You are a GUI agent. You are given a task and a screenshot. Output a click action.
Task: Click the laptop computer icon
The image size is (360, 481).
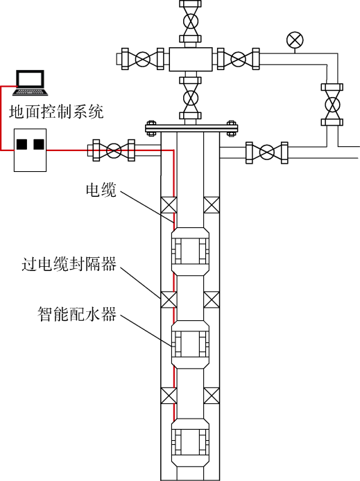[30, 82]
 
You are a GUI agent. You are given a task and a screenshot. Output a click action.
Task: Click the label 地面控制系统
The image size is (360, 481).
[56, 112]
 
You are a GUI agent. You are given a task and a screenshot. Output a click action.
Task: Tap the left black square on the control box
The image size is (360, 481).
[22, 144]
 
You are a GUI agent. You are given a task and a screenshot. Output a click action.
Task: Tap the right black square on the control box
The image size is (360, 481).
[39, 144]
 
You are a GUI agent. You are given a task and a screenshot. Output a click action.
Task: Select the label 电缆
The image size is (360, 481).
[101, 190]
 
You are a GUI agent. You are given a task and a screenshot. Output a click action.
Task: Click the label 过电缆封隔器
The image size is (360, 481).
[69, 264]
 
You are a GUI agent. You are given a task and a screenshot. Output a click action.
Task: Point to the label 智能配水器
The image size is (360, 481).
[77, 314]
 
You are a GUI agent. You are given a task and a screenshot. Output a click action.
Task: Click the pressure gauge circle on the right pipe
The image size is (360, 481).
[295, 40]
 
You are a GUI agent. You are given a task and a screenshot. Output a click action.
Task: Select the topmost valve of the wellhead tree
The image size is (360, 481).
[190, 21]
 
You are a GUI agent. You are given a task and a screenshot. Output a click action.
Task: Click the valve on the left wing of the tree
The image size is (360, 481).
[143, 59]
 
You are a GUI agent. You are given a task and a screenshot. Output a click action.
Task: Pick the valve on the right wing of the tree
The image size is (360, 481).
[239, 59]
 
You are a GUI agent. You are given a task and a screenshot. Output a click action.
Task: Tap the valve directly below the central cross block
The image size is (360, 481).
[190, 98]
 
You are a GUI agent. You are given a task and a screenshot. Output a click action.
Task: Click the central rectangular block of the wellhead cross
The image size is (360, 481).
[190, 59]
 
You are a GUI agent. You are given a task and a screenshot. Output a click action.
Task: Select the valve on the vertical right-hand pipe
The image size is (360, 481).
[332, 105]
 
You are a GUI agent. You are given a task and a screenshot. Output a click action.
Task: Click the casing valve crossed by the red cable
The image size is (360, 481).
[114, 150]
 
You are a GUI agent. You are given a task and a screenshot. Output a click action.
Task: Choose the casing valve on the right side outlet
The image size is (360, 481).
[267, 152]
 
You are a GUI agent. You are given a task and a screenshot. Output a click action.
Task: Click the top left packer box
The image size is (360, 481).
[169, 205]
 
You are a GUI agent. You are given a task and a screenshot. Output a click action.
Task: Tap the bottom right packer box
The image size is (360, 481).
[212, 396]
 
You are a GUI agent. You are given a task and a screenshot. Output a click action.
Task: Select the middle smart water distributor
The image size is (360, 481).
[190, 344]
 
